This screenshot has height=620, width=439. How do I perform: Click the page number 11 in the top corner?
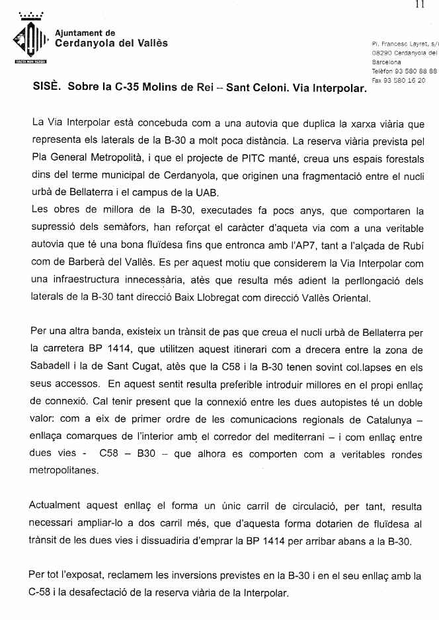click(x=419, y=5)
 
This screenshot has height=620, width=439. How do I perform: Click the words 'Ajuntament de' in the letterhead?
click(x=85, y=33)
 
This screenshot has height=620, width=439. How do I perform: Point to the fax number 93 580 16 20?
click(x=404, y=79)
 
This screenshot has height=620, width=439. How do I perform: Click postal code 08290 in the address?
click(x=383, y=52)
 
